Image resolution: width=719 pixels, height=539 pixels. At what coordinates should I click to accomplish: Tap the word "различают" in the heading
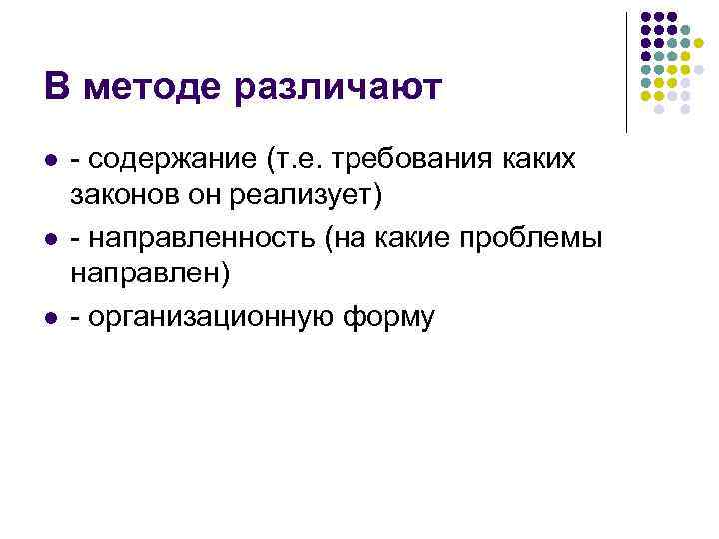click(x=337, y=89)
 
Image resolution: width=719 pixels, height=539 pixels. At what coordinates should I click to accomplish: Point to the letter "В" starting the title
click(x=57, y=89)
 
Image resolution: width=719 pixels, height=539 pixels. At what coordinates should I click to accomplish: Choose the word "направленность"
click(x=206, y=240)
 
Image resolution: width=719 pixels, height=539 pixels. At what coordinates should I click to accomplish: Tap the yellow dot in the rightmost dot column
click(x=699, y=44)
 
